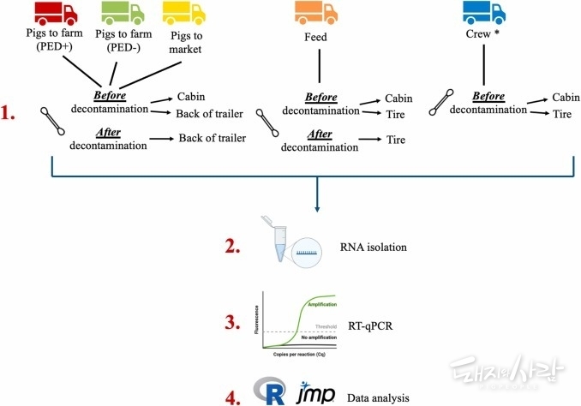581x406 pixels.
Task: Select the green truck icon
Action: (x=122, y=13)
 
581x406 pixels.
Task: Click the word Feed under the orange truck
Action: (x=317, y=39)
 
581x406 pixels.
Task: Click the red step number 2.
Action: (x=234, y=247)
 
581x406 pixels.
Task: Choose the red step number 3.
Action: (x=234, y=323)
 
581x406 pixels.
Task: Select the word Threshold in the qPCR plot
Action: (x=323, y=326)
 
